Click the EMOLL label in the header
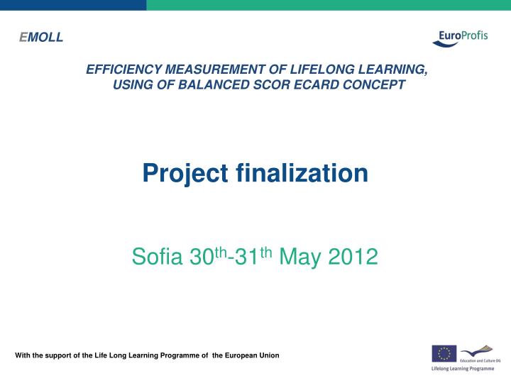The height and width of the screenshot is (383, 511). (41, 38)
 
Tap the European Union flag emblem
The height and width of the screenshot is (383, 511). (444, 353)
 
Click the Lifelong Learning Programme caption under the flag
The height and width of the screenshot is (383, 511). (463, 370)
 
